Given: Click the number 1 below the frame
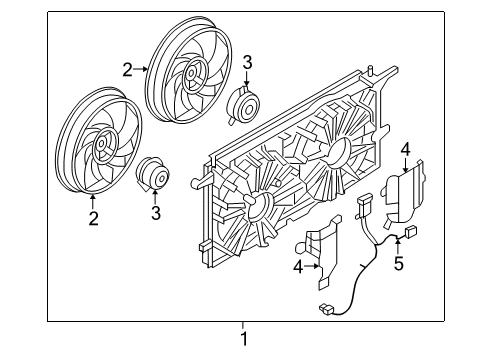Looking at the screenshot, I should click(243, 339).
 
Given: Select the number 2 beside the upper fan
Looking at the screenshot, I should click(127, 69).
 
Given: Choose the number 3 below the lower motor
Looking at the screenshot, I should click(156, 212).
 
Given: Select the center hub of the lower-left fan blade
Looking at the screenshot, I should click(102, 150).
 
